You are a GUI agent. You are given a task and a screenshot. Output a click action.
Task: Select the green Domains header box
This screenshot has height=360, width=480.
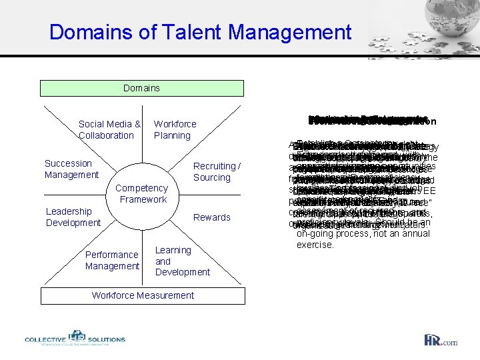[142, 88]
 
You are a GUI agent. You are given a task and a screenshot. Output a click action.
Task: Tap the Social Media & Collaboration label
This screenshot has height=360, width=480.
[109, 129]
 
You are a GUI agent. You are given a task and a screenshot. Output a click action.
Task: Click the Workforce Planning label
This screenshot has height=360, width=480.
[175, 129]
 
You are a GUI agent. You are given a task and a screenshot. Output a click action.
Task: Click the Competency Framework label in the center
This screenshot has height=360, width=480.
[143, 194]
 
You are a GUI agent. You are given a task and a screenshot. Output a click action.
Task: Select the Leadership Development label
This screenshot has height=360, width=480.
[73, 217]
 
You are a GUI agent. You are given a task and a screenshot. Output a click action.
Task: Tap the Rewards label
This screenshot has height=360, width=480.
[211, 217]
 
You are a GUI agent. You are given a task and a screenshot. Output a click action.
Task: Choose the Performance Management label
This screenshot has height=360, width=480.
[112, 260]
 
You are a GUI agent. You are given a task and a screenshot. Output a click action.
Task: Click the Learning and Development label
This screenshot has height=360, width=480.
[182, 261]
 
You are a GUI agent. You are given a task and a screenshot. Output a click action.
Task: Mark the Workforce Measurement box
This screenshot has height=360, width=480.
[142, 295]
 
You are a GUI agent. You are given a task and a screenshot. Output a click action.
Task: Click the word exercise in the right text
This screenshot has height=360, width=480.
[315, 245]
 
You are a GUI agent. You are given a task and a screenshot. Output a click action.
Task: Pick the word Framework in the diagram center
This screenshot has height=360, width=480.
[143, 199]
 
